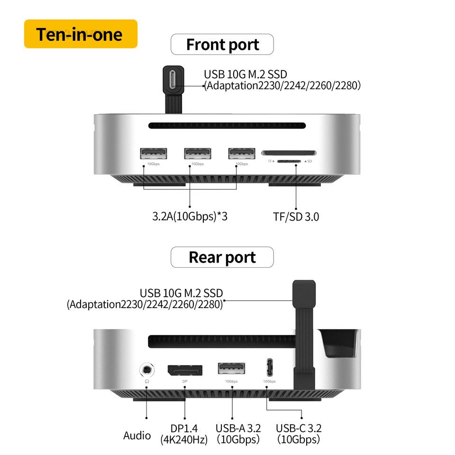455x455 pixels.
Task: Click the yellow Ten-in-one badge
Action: pyautogui.click(x=81, y=34)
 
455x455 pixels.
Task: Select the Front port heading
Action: pyautogui.click(x=222, y=45)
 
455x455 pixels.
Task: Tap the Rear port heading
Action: pyautogui.click(x=222, y=257)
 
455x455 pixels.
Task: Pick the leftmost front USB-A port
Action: pyautogui.click(x=153, y=154)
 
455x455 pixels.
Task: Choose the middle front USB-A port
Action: pyautogui.click(x=197, y=154)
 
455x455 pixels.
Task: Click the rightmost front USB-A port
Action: pyautogui.click(x=241, y=154)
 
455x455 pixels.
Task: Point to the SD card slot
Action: pyautogui.click(x=289, y=153)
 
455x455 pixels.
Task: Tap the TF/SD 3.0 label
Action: pyautogui.click(x=296, y=217)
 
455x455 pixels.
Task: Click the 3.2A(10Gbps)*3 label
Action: pyautogui.click(x=190, y=217)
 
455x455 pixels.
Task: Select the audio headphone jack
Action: pyautogui.click(x=147, y=370)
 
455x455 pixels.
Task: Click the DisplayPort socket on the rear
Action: pyautogui.click(x=185, y=370)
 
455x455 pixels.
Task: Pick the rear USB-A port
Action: pyautogui.click(x=231, y=369)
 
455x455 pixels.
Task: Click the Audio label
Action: pyautogui.click(x=137, y=436)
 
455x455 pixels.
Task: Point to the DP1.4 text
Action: pyautogui.click(x=184, y=428)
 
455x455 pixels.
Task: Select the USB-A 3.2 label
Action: pyautogui.click(x=238, y=428)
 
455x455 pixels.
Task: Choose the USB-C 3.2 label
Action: pyautogui.click(x=299, y=428)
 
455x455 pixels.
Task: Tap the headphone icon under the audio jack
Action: pyautogui.click(x=147, y=381)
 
